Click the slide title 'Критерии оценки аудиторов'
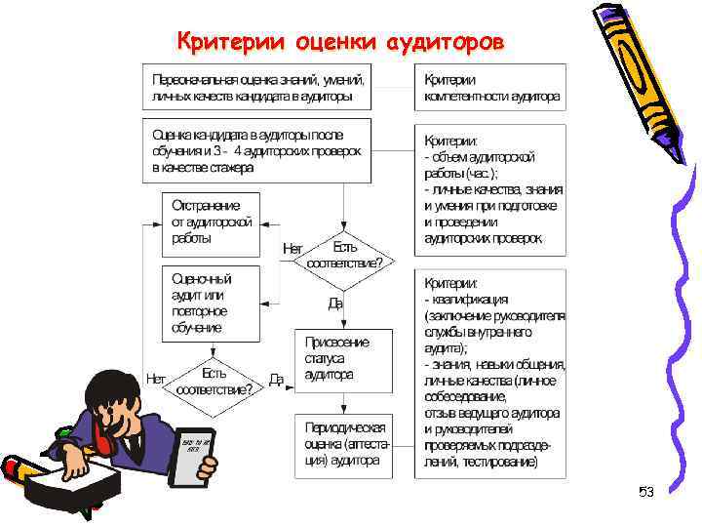341,42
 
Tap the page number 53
645,491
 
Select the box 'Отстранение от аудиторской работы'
212,223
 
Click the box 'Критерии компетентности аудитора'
490,88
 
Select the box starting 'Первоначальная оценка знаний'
258,88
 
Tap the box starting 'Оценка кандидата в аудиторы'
258,151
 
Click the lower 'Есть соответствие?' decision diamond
214,380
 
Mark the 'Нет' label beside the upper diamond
292,249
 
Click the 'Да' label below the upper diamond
335,304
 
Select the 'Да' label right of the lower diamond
277,380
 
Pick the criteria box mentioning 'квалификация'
490,373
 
